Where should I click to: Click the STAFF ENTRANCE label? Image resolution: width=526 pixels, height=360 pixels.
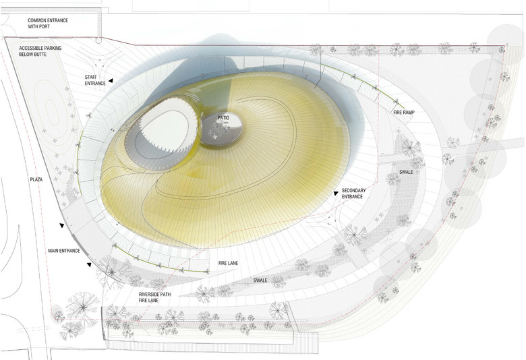coord(95,79)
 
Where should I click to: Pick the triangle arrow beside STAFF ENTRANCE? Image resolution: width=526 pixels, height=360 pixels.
coord(111,80)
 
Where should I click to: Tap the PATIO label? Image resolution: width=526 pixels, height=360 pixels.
coord(224,118)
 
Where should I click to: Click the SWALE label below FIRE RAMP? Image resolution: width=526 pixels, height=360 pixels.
coord(405,172)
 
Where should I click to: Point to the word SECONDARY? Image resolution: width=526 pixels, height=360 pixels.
coord(353,190)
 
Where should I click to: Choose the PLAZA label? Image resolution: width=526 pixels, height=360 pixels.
coord(36,180)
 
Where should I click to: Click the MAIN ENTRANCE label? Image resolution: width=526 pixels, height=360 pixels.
coord(64,251)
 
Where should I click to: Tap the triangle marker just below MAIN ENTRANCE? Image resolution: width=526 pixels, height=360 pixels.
coord(89,264)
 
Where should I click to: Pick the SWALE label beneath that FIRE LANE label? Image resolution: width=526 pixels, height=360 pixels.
coord(260,279)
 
